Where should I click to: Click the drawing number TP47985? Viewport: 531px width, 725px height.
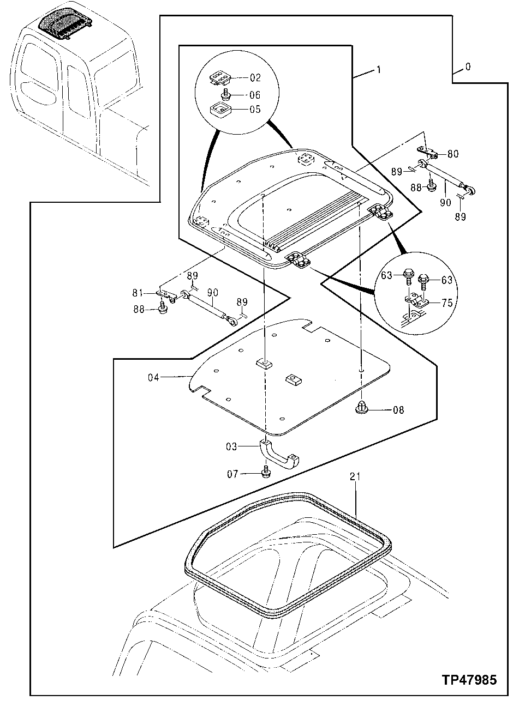(x=469, y=680)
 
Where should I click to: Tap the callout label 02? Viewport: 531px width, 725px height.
(x=255, y=78)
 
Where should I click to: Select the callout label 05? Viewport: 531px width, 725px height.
(x=255, y=109)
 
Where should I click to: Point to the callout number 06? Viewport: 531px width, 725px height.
(x=255, y=94)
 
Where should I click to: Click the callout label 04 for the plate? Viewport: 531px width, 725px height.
(x=153, y=377)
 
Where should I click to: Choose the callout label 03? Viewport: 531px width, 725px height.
(x=232, y=446)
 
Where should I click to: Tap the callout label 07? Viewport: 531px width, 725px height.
(x=233, y=474)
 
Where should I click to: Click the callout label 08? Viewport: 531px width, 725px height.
(x=398, y=409)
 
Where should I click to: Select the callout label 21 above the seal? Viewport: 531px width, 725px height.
(x=355, y=477)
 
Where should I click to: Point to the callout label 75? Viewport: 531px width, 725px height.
(x=446, y=303)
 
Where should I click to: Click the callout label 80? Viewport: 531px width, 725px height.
(x=453, y=154)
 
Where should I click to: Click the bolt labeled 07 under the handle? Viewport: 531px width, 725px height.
(x=266, y=472)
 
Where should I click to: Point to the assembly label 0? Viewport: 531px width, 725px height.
(x=468, y=67)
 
